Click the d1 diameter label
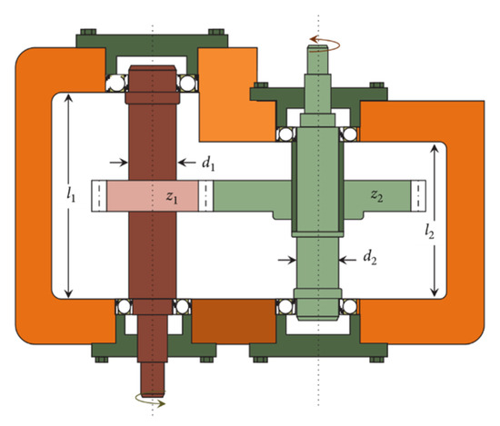(x=208, y=164)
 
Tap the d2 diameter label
(x=370, y=257)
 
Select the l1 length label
(x=71, y=194)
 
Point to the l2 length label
(x=429, y=232)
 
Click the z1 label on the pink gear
(x=172, y=197)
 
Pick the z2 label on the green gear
(x=376, y=195)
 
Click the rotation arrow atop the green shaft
(x=325, y=44)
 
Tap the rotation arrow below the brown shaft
(x=151, y=399)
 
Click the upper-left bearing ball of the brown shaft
(x=115, y=84)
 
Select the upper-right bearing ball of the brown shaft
(x=187, y=84)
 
